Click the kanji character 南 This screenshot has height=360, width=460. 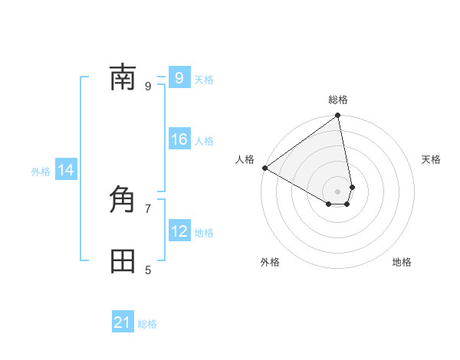123,78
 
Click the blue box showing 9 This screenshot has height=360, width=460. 179,77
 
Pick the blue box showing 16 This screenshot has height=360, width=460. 179,139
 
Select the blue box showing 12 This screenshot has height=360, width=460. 179,231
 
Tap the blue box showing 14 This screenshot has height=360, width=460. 66,170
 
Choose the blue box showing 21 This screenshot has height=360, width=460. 123,322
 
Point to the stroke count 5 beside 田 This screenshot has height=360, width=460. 148,270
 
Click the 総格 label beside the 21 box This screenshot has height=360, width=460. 147,324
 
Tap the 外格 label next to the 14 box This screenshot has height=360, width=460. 41,172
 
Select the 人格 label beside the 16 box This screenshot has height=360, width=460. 204,141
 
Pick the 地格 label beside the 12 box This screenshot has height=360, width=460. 204,233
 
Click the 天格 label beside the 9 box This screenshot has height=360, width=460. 204,80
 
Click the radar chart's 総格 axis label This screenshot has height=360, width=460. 338,100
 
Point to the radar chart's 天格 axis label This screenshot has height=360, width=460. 431,159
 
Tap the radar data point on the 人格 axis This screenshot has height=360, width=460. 264,168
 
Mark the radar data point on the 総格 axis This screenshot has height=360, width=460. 338,116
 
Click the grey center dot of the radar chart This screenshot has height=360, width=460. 338,191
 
